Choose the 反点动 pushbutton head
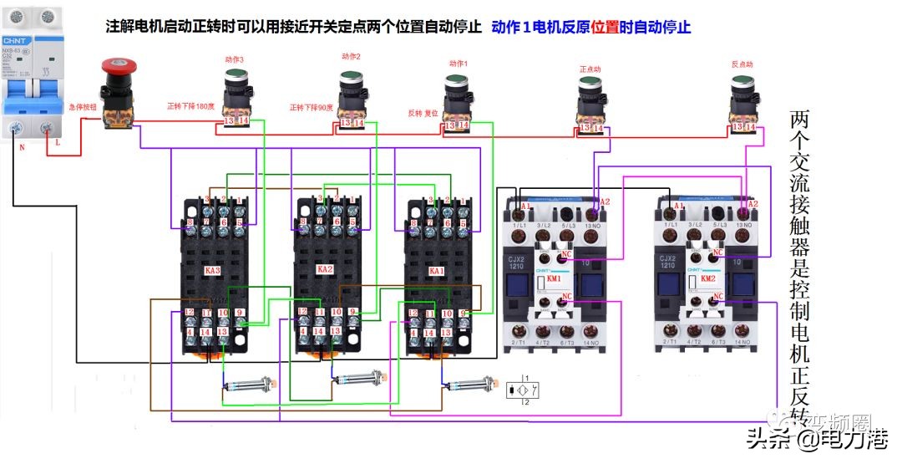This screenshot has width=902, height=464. (x=742, y=83)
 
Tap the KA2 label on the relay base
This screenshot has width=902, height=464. (x=325, y=269)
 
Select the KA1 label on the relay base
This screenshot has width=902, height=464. (x=436, y=272)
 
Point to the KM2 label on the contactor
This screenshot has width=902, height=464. (x=708, y=278)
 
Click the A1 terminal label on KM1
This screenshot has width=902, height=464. (x=525, y=206)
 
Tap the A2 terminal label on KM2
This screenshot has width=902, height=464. (x=753, y=204)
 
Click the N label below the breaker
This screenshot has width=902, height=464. (x=21, y=146)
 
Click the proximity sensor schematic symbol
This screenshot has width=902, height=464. (x=523, y=390)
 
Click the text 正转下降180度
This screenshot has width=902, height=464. (x=191, y=106)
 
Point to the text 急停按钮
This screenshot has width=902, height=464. (x=84, y=107)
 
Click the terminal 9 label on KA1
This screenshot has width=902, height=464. (x=464, y=313)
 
